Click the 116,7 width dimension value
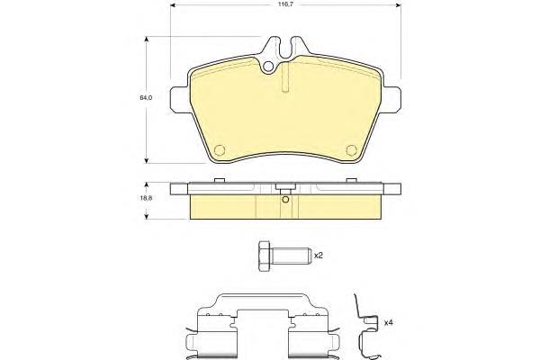[x=286, y=4]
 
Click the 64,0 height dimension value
[x=146, y=97]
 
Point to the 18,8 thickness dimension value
[x=146, y=198]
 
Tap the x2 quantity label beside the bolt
[x=319, y=256]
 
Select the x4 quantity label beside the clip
[x=389, y=323]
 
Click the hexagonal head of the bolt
[x=265, y=256]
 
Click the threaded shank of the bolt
[x=291, y=256]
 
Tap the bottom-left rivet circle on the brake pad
[x=220, y=150]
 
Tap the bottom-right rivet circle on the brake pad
[x=351, y=150]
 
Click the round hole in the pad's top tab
[x=268, y=67]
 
